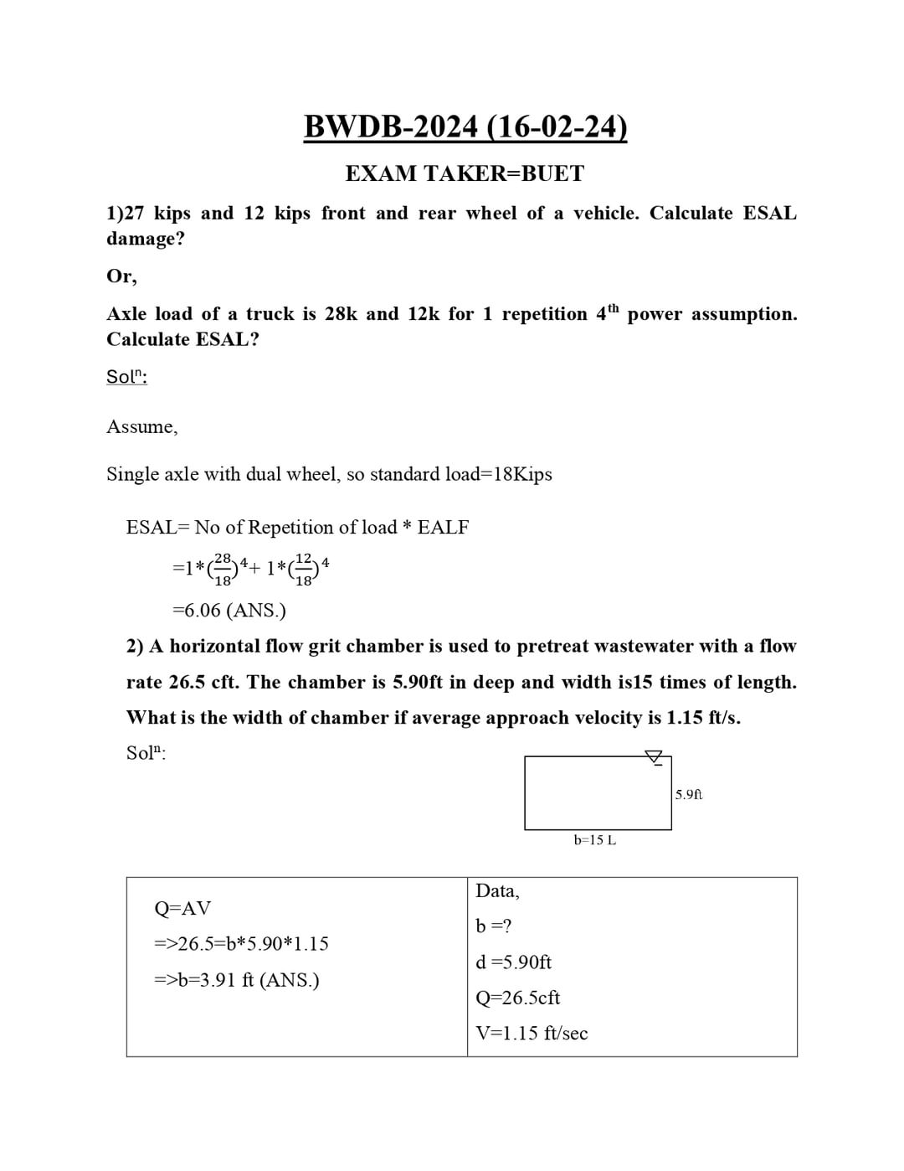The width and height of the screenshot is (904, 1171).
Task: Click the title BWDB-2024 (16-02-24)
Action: pyautogui.click(x=465, y=126)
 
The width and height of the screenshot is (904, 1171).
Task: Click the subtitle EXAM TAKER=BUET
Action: pyautogui.click(x=465, y=173)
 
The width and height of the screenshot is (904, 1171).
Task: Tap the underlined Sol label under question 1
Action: pyautogui.click(x=126, y=377)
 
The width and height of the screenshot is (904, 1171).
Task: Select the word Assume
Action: pyautogui.click(x=141, y=427)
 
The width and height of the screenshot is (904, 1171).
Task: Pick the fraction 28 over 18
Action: pyautogui.click(x=223, y=568)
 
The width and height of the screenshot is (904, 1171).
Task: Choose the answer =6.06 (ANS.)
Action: pyautogui.click(x=229, y=610)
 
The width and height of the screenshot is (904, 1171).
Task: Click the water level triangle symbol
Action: pyautogui.click(x=654, y=756)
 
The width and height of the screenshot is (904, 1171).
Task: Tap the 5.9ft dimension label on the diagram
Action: pyautogui.click(x=689, y=794)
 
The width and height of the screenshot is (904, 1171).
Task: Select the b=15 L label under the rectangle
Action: pyautogui.click(x=594, y=839)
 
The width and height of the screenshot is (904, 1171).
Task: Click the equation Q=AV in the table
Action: pyautogui.click(x=182, y=908)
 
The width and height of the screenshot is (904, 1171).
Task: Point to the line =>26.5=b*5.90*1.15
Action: pyautogui.click(x=241, y=944)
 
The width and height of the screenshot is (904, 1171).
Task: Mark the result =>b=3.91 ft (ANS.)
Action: pyautogui.click(x=236, y=980)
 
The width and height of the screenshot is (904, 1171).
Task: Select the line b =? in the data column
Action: pyautogui.click(x=494, y=926)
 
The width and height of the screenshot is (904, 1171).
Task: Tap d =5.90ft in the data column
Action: pyautogui.click(x=513, y=962)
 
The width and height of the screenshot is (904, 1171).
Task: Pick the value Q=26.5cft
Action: pyautogui.click(x=517, y=998)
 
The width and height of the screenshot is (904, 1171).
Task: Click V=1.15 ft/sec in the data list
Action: pyautogui.click(x=532, y=1034)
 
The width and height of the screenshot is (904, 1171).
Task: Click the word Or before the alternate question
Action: pyautogui.click(x=121, y=276)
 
